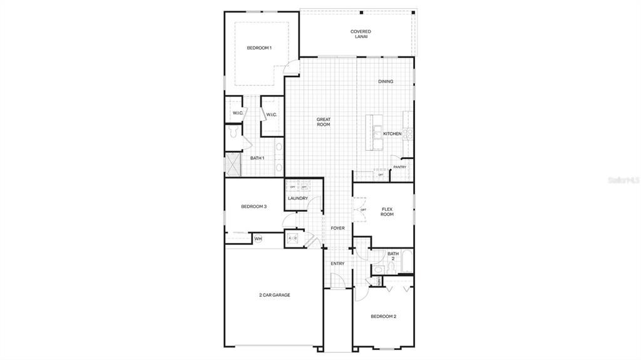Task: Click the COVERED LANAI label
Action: pyautogui.click(x=361, y=34)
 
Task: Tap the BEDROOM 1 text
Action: pyautogui.click(x=259, y=48)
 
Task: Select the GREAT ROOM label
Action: pyautogui.click(x=323, y=121)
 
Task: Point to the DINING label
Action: pyautogui.click(x=386, y=81)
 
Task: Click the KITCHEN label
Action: pyautogui.click(x=392, y=134)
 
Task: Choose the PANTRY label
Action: pyautogui.click(x=400, y=167)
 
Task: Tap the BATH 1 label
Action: pyautogui.click(x=257, y=158)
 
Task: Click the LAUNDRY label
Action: pyautogui.click(x=298, y=198)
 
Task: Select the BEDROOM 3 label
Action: pyautogui.click(x=254, y=207)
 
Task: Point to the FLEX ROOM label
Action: pyautogui.click(x=387, y=212)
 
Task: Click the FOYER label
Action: pyautogui.click(x=337, y=229)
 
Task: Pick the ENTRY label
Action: pyautogui.click(x=337, y=264)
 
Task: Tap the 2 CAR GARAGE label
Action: pyautogui.click(x=275, y=295)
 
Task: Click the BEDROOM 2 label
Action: pyautogui.click(x=383, y=317)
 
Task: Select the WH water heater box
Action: pyautogui.click(x=258, y=239)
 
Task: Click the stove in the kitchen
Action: pyautogui.click(x=408, y=133)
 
